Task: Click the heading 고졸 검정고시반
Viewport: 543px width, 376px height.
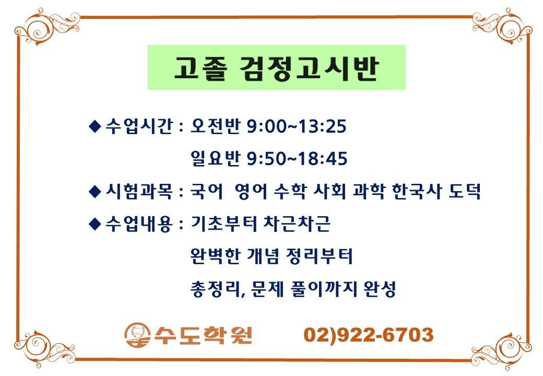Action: pos(276,68)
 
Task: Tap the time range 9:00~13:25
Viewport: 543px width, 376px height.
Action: pos(297,126)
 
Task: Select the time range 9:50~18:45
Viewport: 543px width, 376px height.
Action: pos(297,159)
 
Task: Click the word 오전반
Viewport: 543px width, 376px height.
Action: pos(216,126)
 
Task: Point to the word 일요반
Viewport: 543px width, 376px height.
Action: pos(216,158)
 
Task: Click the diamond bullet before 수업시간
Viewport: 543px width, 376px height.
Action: pos(95,126)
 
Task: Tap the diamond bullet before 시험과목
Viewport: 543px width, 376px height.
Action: pos(95,192)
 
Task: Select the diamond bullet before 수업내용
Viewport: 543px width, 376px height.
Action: pos(95,224)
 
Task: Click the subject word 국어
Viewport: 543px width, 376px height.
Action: pos(207,191)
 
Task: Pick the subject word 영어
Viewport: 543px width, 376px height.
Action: pos(251,191)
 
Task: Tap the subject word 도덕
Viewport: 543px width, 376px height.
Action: pos(465,191)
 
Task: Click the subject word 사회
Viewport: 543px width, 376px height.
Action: pos(329,191)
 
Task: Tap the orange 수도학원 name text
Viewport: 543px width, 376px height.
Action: pos(203,335)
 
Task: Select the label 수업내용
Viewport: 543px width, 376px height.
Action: pos(139,224)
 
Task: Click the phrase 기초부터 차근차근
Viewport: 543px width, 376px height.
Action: pos(261,224)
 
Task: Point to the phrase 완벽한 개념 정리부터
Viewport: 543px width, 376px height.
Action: pos(271,256)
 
